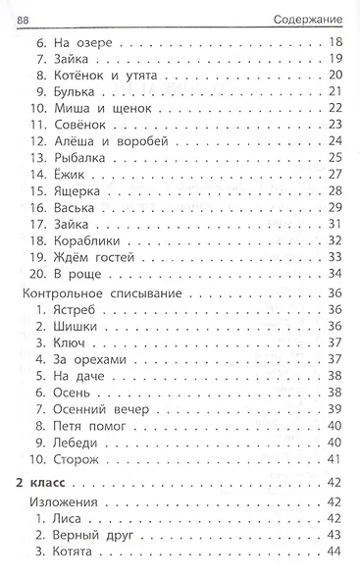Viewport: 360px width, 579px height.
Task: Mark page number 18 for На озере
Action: pos(334,43)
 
